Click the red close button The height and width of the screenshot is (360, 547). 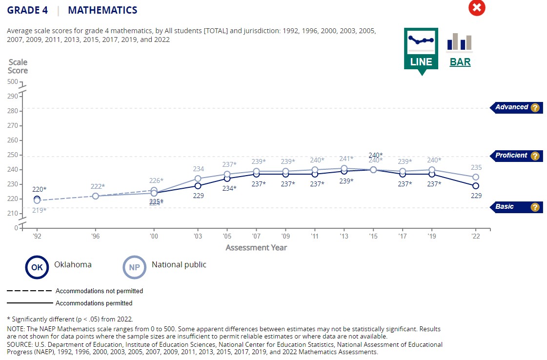[x=477, y=8]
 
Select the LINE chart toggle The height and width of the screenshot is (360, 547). [x=421, y=49]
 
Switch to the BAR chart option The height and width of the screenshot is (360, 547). [x=460, y=49]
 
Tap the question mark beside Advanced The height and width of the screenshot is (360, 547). [x=535, y=108]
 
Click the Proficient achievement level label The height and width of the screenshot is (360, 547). [x=511, y=156]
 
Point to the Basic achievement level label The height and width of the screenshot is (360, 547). [x=505, y=207]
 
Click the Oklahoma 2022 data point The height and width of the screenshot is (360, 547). [x=476, y=186]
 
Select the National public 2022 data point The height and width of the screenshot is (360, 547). [x=476, y=177]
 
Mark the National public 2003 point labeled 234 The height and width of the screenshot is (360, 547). [x=198, y=179]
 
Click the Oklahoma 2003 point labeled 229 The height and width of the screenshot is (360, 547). [x=198, y=186]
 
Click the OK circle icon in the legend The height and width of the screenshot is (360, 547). [x=37, y=267]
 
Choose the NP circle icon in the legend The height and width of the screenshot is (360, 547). [x=134, y=267]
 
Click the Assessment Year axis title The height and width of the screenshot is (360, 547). [x=256, y=247]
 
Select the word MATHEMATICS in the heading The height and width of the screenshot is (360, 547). [x=102, y=10]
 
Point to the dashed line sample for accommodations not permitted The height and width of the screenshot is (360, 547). [x=29, y=291]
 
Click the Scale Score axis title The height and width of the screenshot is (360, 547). [x=18, y=66]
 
